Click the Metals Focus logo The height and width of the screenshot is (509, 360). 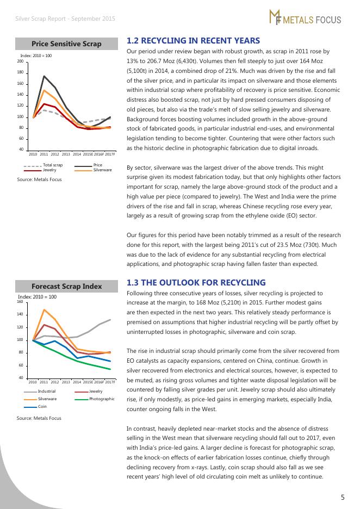pyautogui.click(x=305, y=18)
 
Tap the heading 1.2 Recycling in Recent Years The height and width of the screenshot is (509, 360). pyautogui.click(x=193, y=41)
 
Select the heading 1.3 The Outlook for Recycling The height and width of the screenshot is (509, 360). pyautogui.click(x=196, y=282)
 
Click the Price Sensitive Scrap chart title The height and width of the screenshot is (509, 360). pyautogui.click(x=66, y=44)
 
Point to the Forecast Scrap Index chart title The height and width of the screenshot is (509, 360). pyautogui.click(x=66, y=286)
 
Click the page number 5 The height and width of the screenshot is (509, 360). pyautogui.click(x=343, y=496)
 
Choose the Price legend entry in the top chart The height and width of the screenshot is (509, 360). pyautogui.click(x=98, y=165)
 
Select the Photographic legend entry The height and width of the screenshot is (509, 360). pyautogui.click(x=102, y=399)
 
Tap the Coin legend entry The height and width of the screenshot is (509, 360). pyautogui.click(x=42, y=406)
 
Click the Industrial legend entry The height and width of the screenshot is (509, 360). pyautogui.click(x=47, y=391)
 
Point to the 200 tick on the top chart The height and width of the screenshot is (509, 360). pyautogui.click(x=20, y=61)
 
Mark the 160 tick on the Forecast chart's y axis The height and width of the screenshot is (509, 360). pyautogui.click(x=21, y=301)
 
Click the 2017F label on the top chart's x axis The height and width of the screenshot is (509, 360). pyautogui.click(x=110, y=154)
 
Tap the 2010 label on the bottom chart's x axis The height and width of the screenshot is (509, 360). pyautogui.click(x=33, y=382)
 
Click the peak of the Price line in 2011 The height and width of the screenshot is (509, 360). pyautogui.click(x=44, y=76)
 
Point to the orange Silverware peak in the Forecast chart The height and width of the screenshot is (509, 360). pyautogui.click(x=44, y=309)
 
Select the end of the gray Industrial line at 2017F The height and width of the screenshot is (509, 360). pyautogui.click(x=110, y=320)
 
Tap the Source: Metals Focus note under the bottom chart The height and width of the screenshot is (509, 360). pyautogui.click(x=39, y=418)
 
